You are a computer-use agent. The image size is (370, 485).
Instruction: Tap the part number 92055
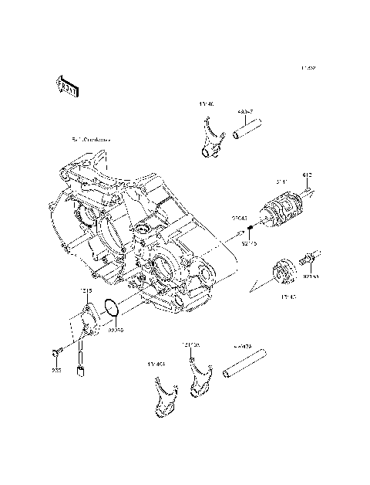click(x=116, y=331)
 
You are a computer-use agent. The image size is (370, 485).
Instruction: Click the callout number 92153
click(x=311, y=275)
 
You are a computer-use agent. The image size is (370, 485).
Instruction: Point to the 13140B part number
click(x=190, y=344)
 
